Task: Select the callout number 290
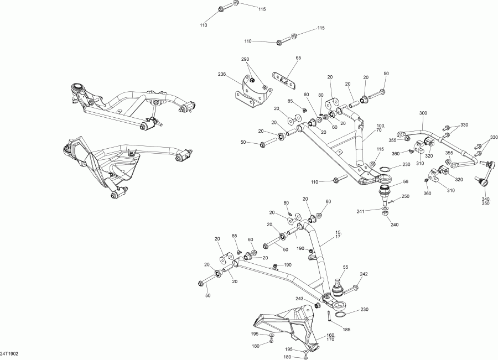click(x=245, y=59)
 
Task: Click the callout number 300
click(x=423, y=113)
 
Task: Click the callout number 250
click(x=405, y=197)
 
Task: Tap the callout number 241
click(x=360, y=211)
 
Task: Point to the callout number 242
click(x=364, y=274)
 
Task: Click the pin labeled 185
click(x=329, y=316)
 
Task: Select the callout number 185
click(x=347, y=330)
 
